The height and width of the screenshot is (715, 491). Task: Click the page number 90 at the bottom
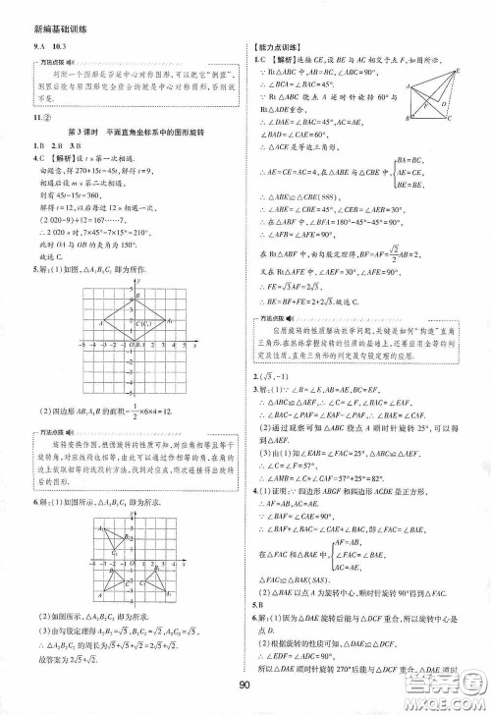[x=245, y=695]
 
